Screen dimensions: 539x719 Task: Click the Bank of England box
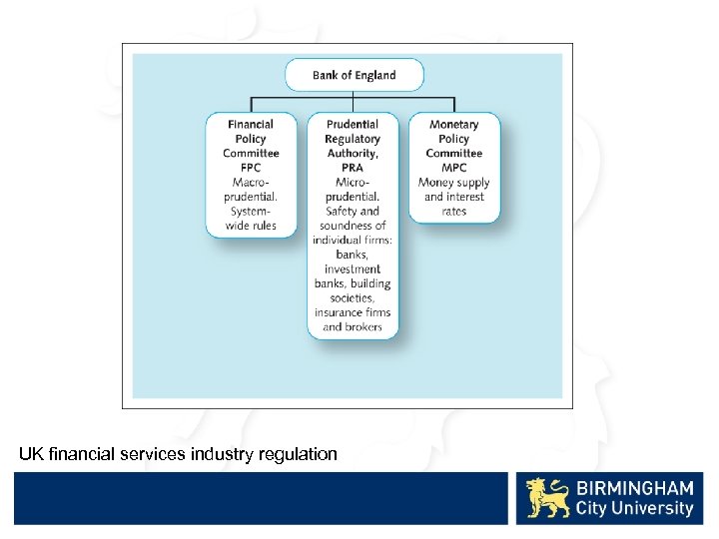tap(354, 75)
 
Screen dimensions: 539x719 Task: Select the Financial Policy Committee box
tap(251, 175)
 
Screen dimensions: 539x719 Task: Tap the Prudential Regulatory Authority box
tap(353, 225)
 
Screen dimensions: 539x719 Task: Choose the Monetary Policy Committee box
tap(453, 167)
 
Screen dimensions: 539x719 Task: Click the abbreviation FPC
tap(251, 168)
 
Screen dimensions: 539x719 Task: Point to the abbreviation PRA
tap(353, 168)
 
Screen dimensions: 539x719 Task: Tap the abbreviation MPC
tap(453, 168)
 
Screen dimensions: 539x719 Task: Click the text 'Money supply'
tap(453, 183)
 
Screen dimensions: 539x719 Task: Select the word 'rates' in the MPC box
tap(453, 212)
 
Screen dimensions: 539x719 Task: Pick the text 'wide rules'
tap(251, 227)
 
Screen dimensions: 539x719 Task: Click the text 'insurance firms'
tap(353, 312)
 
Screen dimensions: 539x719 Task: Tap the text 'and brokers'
tap(353, 326)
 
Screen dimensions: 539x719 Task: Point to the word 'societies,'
tap(353, 297)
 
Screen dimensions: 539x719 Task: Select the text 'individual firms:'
tap(353, 241)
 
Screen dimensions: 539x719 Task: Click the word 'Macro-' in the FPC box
tap(251, 183)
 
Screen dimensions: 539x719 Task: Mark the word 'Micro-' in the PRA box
tap(353, 183)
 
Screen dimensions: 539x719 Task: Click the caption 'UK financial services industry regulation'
tap(178, 454)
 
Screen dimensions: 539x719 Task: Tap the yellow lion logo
tap(548, 498)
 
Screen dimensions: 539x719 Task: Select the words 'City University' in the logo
tap(633, 509)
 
